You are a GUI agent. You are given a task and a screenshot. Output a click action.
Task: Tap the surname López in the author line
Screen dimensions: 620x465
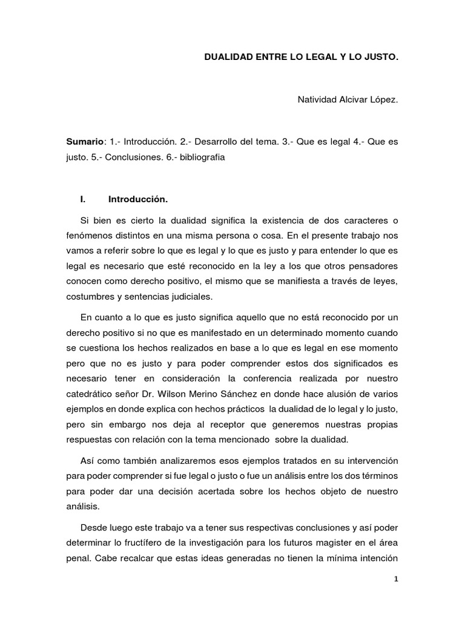tap(384, 99)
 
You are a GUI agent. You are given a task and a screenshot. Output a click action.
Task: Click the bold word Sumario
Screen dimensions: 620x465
tap(85, 141)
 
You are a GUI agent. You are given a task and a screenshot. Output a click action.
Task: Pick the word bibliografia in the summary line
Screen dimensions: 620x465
tap(199, 157)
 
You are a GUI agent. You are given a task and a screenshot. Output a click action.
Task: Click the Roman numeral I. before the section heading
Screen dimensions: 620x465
tap(84, 199)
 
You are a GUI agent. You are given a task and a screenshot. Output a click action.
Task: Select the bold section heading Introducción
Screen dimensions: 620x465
tap(138, 199)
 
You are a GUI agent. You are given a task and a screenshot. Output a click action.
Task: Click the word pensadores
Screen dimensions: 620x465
tap(373, 266)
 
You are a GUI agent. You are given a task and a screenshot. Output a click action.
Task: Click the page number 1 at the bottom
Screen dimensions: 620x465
tap(395, 579)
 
